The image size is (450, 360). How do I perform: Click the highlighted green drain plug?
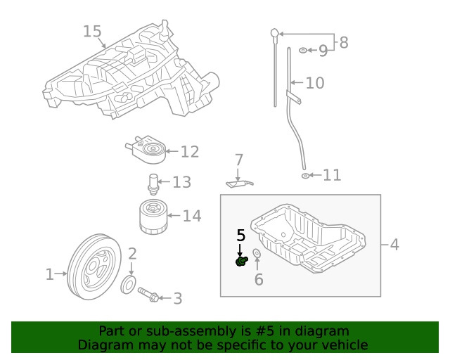click(x=241, y=262)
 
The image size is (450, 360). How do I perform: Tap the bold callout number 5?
click(x=240, y=236)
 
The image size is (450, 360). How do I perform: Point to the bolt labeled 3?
click(x=148, y=294)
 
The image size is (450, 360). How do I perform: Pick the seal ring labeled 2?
click(x=129, y=285)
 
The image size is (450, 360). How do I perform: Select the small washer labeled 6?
click(x=257, y=254)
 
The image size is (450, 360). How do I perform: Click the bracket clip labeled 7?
click(x=239, y=184)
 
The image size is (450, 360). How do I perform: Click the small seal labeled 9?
click(x=302, y=51)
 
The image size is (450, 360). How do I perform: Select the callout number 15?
click(x=92, y=32)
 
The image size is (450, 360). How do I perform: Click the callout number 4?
click(x=394, y=245)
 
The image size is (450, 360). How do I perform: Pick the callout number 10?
click(x=314, y=83)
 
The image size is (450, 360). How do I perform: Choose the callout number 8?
click(x=343, y=43)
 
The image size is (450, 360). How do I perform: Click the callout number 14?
click(x=192, y=216)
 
